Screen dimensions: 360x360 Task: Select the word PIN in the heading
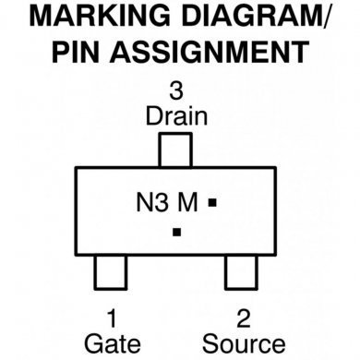[x=80, y=51]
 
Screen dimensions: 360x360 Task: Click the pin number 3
[x=176, y=92]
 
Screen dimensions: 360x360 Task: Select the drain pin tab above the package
[x=176, y=150]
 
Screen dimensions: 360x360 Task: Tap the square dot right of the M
[x=211, y=201]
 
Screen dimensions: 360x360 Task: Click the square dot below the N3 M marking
[x=176, y=231]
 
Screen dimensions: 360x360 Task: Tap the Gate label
[x=112, y=343]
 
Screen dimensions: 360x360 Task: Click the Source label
[x=244, y=343]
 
